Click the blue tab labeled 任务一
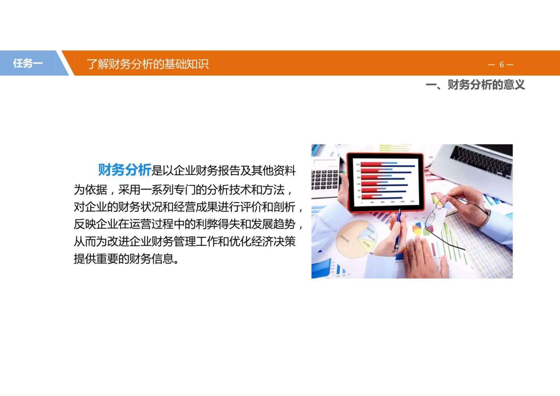[x=28, y=63]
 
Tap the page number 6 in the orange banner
[x=501, y=65]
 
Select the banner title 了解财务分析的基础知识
[x=148, y=64]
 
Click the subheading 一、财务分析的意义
[x=475, y=85]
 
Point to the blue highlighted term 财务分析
[x=125, y=170]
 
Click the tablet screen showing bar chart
[x=385, y=182]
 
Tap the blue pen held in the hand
[x=398, y=230]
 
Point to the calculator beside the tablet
[x=324, y=180]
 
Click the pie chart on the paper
[x=355, y=239]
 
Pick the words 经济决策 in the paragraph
[x=273, y=241]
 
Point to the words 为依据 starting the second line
[x=90, y=190]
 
